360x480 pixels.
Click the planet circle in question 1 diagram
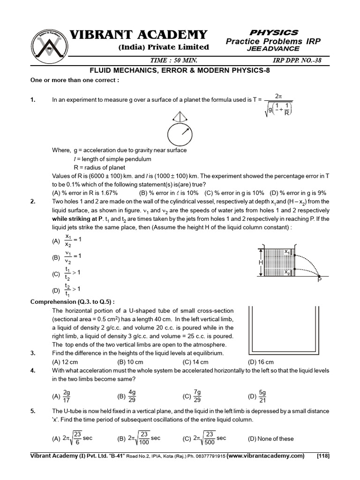click(x=180, y=135)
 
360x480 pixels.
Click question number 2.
click(x=33, y=202)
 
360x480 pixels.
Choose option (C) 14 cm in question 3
click(x=195, y=362)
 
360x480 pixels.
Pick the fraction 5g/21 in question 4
click(x=262, y=396)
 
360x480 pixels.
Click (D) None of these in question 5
click(x=270, y=439)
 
